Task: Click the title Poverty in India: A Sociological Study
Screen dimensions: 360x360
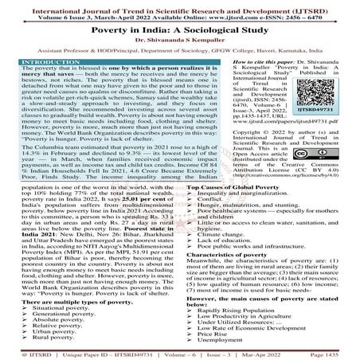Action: tap(180, 29)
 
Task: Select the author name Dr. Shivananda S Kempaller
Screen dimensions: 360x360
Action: tap(180, 40)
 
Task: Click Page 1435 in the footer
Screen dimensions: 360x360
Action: tap(331, 352)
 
